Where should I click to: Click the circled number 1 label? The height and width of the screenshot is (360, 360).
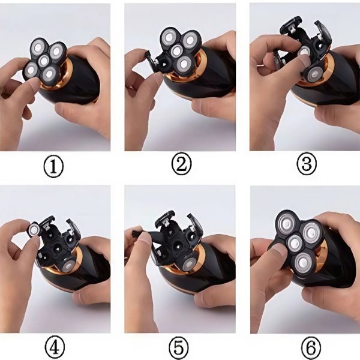tap(53, 167)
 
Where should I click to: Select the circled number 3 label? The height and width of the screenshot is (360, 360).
tap(307, 163)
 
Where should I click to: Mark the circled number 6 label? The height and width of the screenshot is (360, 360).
tap(311, 348)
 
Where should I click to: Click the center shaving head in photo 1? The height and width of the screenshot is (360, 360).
tap(44, 61)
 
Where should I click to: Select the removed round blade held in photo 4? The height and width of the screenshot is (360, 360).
tap(34, 229)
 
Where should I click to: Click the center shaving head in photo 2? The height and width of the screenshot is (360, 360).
tap(176, 52)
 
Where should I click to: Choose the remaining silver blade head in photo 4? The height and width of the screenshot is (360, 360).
tap(68, 266)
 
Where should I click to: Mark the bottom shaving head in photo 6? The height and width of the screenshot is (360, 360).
tap(304, 262)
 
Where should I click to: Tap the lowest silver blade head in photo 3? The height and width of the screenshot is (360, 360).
tap(313, 75)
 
